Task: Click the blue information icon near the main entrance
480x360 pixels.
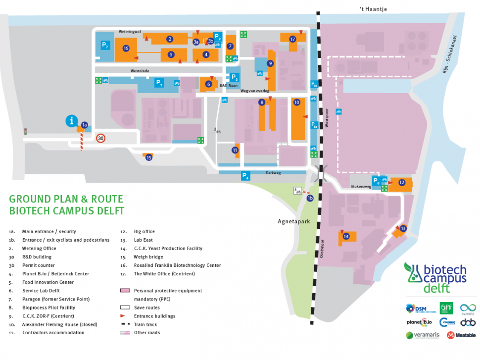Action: [x=72, y=120]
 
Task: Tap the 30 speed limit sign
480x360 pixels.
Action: [x=101, y=139]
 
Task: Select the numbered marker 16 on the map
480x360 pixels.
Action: [x=126, y=48]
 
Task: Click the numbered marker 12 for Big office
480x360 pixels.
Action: [x=401, y=183]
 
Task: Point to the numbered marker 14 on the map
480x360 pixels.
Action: [x=346, y=236]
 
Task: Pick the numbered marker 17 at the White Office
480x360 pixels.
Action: [x=292, y=39]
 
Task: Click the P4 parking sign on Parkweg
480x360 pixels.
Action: [x=245, y=175]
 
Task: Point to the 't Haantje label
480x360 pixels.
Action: [x=373, y=8]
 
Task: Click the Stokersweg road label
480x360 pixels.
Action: [x=361, y=187]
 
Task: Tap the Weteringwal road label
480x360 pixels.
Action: [x=130, y=31]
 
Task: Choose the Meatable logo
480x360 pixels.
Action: [x=457, y=335]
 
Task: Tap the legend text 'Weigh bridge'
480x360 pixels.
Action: [x=148, y=257]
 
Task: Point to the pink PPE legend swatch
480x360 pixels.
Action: [x=124, y=291]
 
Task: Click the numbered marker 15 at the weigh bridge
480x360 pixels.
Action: [x=148, y=158]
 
